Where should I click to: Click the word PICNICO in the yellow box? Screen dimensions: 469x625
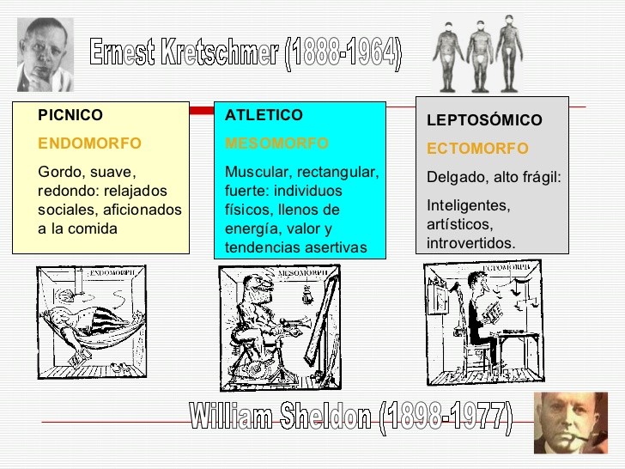tap(70, 115)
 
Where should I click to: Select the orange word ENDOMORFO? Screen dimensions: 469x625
tap(90, 143)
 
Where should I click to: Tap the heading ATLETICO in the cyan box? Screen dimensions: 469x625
tap(264, 115)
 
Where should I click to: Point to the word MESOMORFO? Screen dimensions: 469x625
tap(276, 143)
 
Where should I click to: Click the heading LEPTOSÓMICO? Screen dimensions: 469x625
tap(484, 121)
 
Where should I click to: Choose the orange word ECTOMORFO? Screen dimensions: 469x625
tap(477, 149)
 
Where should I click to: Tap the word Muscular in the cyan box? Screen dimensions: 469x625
tap(255, 172)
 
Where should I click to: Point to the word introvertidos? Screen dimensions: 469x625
tap(470, 243)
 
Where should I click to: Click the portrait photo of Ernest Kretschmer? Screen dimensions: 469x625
tap(45, 53)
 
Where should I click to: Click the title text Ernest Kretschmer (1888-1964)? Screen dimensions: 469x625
tap(246, 53)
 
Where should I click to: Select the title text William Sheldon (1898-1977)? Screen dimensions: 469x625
tap(350, 418)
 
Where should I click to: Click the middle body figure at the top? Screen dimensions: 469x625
tap(477, 53)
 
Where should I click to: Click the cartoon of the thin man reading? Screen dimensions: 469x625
tap(483, 320)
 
